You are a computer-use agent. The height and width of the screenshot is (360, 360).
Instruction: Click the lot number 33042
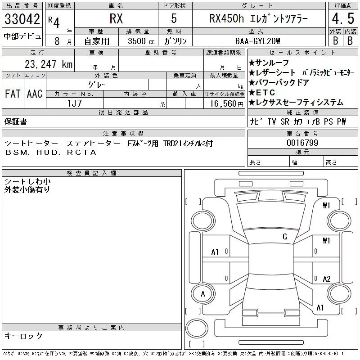[x=22, y=19]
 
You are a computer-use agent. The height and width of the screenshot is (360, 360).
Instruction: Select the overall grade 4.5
[x=343, y=18]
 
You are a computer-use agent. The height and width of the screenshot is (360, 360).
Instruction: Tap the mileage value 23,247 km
[x=49, y=64]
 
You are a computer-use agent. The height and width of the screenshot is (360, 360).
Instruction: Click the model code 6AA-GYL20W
[x=258, y=41]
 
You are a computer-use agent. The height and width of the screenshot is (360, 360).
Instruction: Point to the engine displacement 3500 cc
[x=141, y=41]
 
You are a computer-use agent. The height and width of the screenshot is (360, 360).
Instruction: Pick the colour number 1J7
[x=74, y=103]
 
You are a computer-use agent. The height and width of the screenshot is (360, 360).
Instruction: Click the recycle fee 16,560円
[x=227, y=103]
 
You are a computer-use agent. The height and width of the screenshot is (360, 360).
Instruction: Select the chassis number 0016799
[x=302, y=143]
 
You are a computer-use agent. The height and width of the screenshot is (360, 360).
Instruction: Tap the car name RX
[x=116, y=18]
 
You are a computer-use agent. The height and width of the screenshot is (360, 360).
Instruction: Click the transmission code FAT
[x=13, y=94]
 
